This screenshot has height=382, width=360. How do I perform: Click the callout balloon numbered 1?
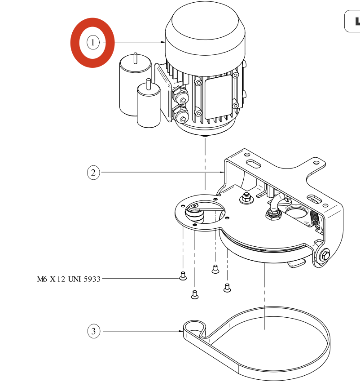(93, 42)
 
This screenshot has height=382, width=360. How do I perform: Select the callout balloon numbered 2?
(93, 173)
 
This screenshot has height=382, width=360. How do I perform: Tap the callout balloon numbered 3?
(94, 331)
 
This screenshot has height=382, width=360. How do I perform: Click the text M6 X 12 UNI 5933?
(69, 279)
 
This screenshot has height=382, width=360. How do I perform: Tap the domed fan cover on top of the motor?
(205, 31)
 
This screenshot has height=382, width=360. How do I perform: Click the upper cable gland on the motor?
(180, 95)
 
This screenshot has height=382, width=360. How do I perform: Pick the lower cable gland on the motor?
(180, 115)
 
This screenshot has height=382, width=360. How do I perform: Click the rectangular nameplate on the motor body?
(219, 97)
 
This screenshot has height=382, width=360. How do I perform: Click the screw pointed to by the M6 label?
(183, 276)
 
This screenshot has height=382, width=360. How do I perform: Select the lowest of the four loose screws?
(195, 294)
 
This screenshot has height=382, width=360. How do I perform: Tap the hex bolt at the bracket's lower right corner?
(325, 255)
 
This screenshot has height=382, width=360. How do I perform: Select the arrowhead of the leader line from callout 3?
(181, 331)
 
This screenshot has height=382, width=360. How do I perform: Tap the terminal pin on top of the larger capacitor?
(136, 58)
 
